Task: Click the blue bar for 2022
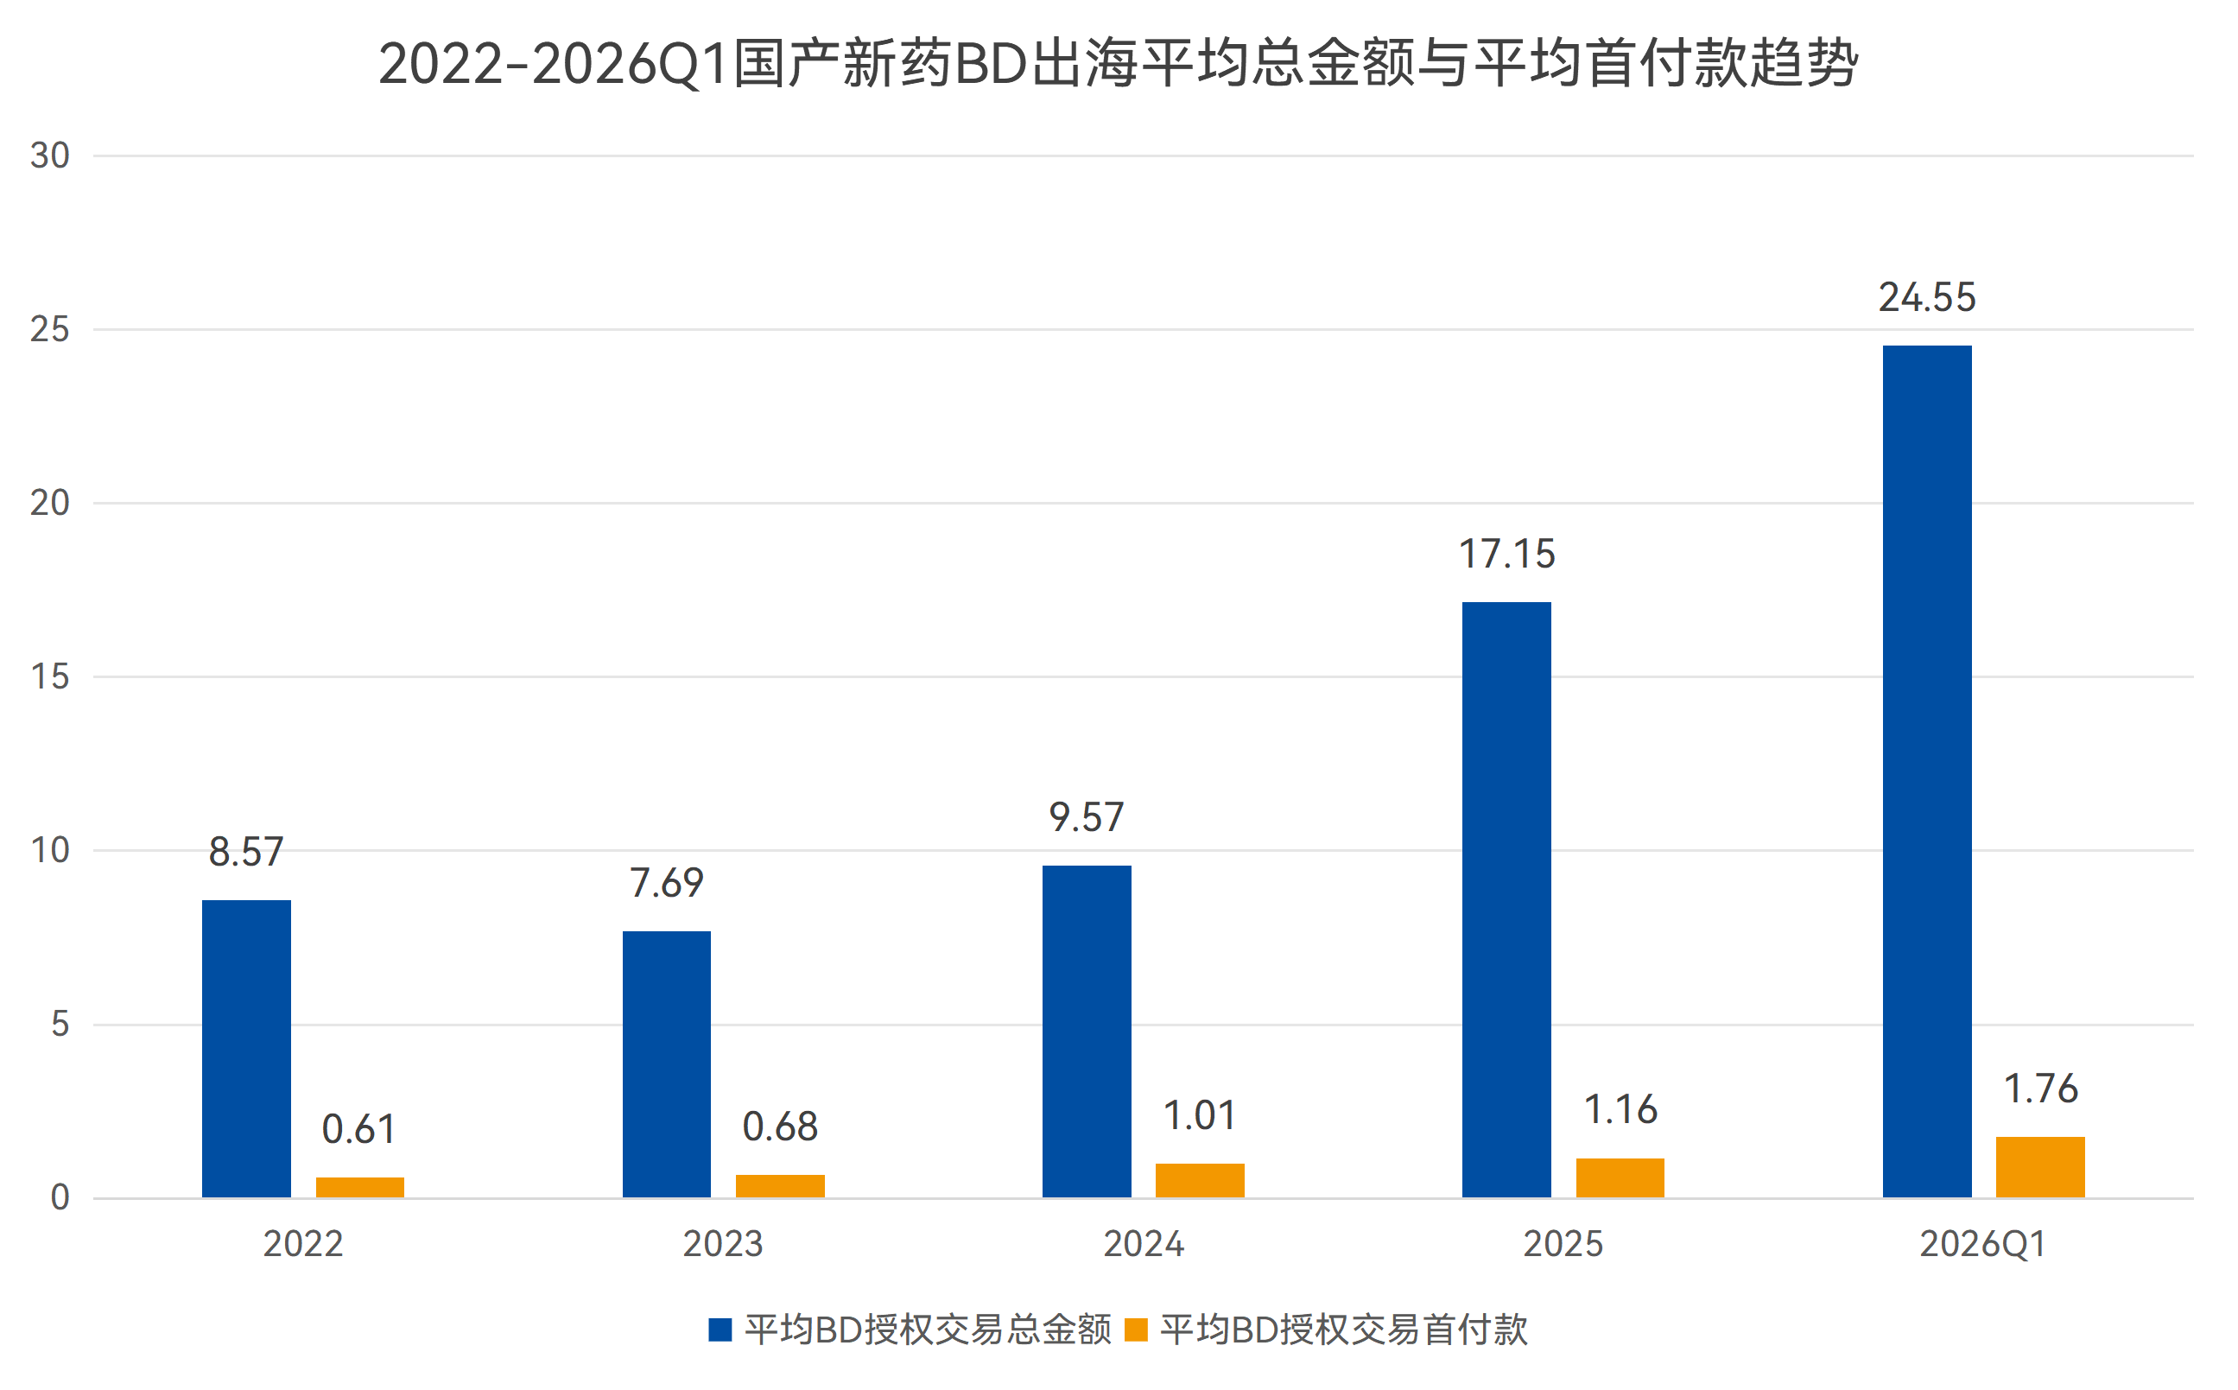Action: pyautogui.click(x=246, y=1048)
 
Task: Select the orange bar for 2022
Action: pyautogui.click(x=359, y=1188)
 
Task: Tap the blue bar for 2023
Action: pyautogui.click(x=666, y=1063)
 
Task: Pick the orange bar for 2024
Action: pyautogui.click(x=1200, y=1180)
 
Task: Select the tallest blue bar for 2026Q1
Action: pyautogui.click(x=1926, y=771)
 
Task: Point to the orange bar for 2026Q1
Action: pyautogui.click(x=2039, y=1166)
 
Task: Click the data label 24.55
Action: pyautogui.click(x=1926, y=298)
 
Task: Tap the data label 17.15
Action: pyautogui.click(x=1506, y=555)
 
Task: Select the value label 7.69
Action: pyautogui.click(x=666, y=884)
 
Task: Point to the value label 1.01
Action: pyautogui.click(x=1200, y=1116)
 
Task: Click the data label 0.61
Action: pyautogui.click(x=358, y=1130)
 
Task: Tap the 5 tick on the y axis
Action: pyautogui.click(x=60, y=1024)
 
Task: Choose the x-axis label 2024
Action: pyautogui.click(x=1143, y=1245)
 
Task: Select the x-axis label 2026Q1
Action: pyautogui.click(x=1981, y=1245)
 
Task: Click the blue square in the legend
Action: pyautogui.click(x=720, y=1330)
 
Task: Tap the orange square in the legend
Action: pyautogui.click(x=1136, y=1330)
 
